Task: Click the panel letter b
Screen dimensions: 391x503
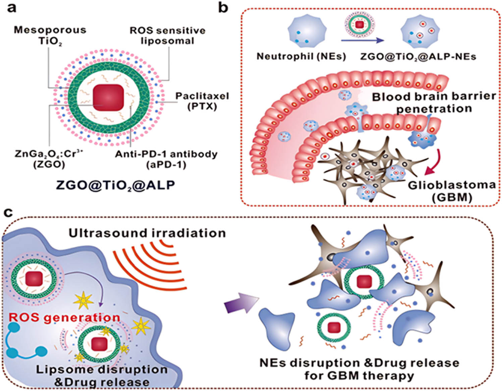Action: click(223, 7)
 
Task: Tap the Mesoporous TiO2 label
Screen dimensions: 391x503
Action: click(50, 35)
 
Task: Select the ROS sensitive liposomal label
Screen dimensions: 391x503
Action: click(167, 36)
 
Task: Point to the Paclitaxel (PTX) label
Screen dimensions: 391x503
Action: click(202, 101)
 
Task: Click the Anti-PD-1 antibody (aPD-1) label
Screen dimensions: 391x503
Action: click(166, 159)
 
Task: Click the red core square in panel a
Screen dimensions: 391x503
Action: click(108, 97)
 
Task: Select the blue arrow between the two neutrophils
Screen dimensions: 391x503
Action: click(362, 41)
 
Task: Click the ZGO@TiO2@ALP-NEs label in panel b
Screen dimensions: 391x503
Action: click(418, 56)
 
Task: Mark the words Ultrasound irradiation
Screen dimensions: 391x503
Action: click(147, 233)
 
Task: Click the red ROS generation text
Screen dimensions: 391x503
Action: click(64, 317)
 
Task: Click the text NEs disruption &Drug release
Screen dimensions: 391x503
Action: click(359, 363)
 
